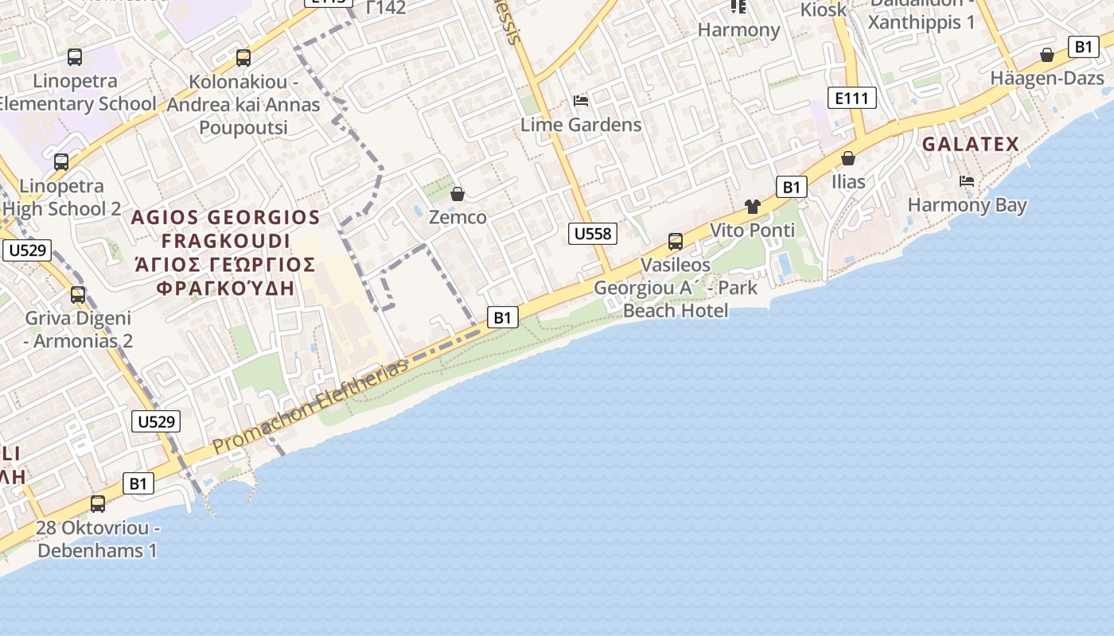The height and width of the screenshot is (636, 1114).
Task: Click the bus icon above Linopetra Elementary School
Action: point(75,57)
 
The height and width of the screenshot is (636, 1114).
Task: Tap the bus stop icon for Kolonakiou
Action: point(243,58)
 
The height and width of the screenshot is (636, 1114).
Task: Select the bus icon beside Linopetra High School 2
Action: point(61,162)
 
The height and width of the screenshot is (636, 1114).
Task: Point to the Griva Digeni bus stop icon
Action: point(78,295)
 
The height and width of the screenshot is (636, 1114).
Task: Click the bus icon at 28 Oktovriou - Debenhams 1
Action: point(98,503)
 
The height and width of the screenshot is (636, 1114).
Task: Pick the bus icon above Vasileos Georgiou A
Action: point(676,241)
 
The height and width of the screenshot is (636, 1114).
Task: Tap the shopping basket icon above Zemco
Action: point(458,194)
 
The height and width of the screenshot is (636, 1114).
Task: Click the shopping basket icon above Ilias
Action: point(848,158)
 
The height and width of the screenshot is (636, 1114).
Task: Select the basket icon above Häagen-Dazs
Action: point(1047,55)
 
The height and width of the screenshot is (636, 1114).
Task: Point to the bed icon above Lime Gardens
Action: point(581,101)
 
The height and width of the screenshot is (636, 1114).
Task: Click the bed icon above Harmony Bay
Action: point(967,181)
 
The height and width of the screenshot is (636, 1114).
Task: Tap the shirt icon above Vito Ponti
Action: point(753,207)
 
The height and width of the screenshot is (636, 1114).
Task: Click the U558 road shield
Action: point(593,233)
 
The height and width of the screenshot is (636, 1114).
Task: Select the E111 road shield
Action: point(851,98)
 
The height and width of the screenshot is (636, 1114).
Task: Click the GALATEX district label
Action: point(970,144)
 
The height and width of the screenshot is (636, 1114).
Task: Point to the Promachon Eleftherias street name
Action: point(311,406)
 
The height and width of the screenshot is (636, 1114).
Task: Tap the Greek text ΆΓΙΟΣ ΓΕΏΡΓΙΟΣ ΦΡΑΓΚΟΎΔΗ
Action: point(225,276)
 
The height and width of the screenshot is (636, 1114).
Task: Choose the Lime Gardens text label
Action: point(581,125)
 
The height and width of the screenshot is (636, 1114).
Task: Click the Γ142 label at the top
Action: point(387,8)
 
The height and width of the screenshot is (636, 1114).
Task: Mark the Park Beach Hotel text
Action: point(676,309)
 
